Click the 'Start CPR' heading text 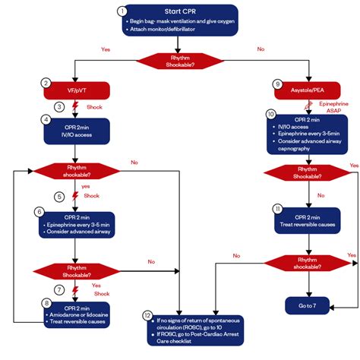[180, 11]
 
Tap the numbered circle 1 [122, 11]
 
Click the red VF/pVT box [77, 90]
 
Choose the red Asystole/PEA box [308, 90]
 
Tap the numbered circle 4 [46, 120]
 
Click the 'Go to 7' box [308, 305]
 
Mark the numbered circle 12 [147, 314]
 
